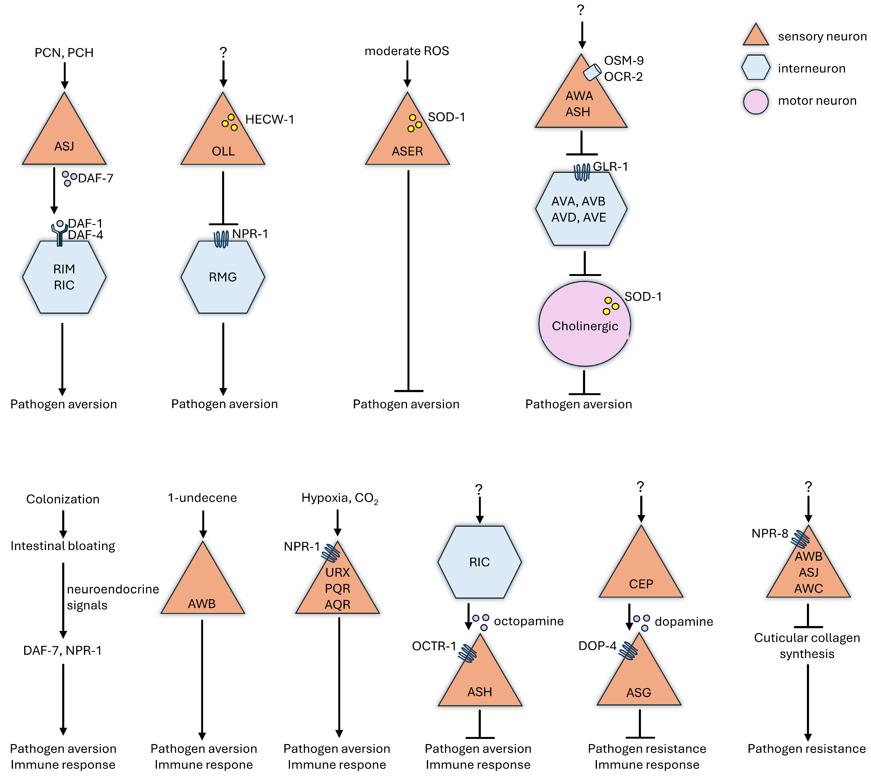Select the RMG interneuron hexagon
223,277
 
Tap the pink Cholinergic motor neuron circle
585,325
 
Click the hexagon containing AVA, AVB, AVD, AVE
581,209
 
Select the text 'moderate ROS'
407,51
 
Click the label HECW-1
269,119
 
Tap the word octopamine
529,621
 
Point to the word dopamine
684,621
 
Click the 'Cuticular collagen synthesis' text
807,646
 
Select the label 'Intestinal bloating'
63,546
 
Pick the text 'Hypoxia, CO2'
339,498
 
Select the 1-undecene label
202,498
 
